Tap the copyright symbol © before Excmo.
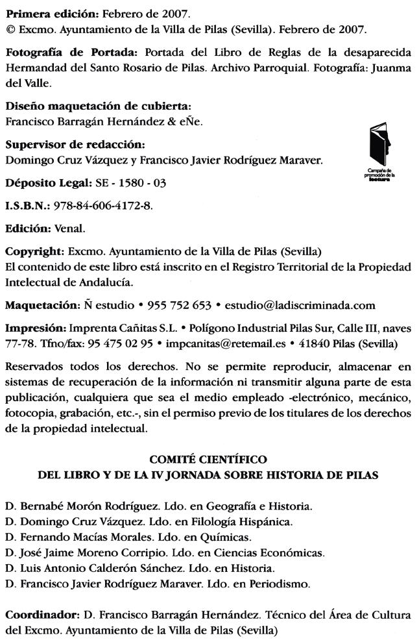[10, 30]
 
